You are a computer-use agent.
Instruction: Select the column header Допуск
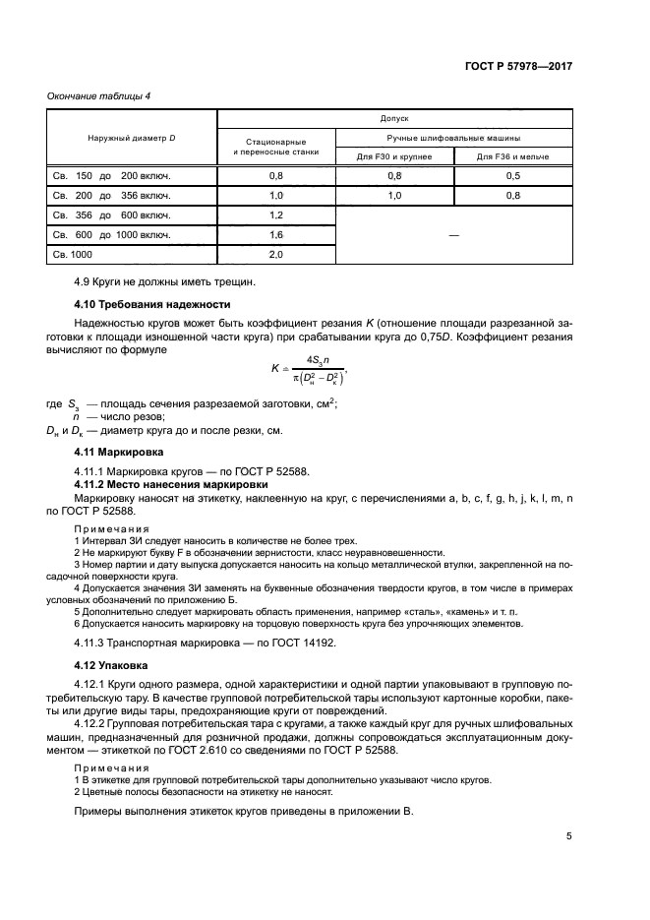[x=393, y=117]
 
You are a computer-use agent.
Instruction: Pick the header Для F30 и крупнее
[x=394, y=156]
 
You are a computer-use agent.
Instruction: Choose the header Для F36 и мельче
[x=512, y=156]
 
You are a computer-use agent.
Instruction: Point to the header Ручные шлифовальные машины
[x=453, y=138]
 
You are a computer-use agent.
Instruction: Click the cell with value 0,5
[x=512, y=176]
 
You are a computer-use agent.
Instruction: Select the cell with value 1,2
[x=275, y=215]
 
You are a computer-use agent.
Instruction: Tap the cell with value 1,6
[x=275, y=235]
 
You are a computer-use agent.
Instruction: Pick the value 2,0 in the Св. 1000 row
[x=275, y=255]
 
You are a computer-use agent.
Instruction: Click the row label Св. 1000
[x=72, y=255]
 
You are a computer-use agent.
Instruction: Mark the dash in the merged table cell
[x=453, y=235]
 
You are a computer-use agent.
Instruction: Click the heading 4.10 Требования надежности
[x=152, y=304]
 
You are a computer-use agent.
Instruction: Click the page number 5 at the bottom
[x=568, y=836]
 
